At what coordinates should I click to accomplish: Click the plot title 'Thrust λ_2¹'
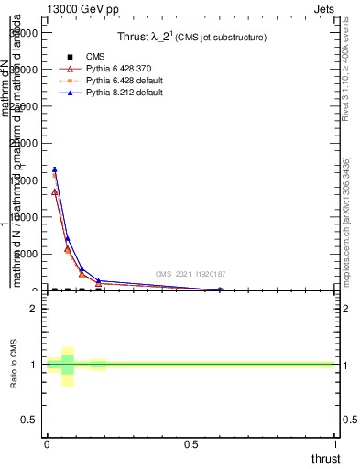(151, 37)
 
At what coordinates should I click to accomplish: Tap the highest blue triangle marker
(55, 169)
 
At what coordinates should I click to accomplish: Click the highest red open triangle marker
(55, 191)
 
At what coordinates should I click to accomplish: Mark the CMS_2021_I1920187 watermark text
(189, 273)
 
